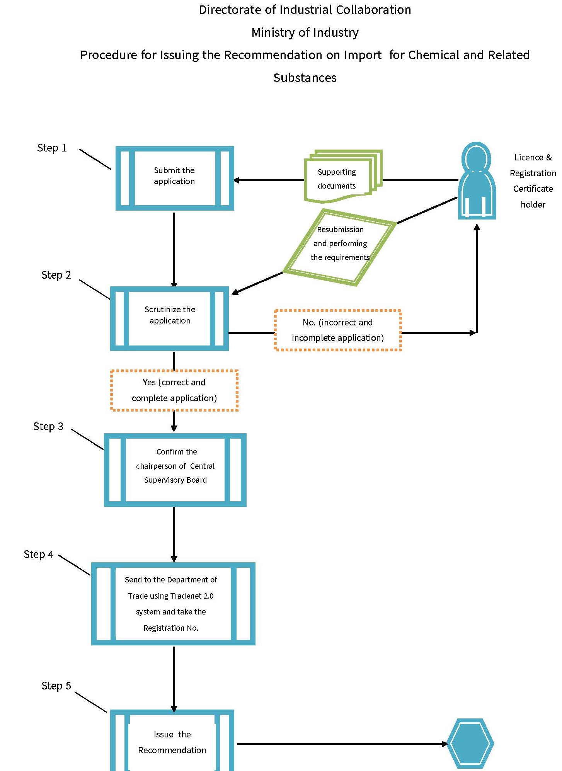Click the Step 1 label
[52, 148]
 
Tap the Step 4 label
[38, 554]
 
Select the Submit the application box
[175, 178]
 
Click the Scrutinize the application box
[170, 318]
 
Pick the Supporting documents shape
[339, 178]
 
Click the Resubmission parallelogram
[340, 247]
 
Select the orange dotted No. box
[337, 330]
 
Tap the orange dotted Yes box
[174, 390]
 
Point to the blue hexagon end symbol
[470, 743]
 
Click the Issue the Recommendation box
[172, 742]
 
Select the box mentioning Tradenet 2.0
[173, 603]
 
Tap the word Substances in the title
[305, 78]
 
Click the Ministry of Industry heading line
[305, 32]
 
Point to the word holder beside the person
[533, 204]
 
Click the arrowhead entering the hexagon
[445, 744]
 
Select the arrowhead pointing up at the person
[477, 228]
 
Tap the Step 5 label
[56, 686]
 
